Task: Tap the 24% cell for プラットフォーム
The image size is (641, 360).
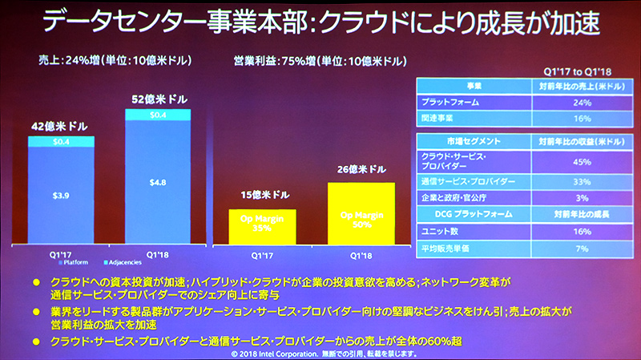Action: pos(582,102)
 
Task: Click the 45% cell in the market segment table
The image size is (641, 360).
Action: pos(582,162)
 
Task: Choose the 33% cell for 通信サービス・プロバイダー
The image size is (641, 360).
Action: pos(582,182)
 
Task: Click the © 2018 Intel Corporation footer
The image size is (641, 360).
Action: pos(320,352)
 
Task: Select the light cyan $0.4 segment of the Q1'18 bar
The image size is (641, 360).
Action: pos(159,115)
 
